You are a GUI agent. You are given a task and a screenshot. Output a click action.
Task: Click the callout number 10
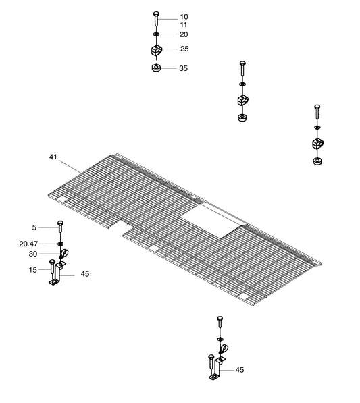pos(184,17)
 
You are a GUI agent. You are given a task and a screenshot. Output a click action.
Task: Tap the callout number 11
pos(184,25)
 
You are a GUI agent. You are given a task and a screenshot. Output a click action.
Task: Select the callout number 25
pos(184,49)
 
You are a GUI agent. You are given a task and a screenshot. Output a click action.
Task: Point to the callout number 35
pos(183,68)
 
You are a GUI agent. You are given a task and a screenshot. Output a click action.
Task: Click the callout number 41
pos(53,157)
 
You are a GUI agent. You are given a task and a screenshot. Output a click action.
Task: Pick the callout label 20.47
pos(28,244)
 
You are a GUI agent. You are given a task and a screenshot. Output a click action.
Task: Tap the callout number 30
pos(33,254)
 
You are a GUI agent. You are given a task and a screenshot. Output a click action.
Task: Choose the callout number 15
pos(33,270)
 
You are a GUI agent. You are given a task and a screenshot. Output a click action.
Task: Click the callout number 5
pos(34,227)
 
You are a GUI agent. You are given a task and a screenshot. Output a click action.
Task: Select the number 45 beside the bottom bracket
pos(239,370)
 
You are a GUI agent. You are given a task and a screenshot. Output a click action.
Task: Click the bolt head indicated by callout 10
pos(156,14)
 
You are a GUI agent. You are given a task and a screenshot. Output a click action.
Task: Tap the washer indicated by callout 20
pos(156,34)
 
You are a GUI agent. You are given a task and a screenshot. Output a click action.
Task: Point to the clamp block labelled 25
pos(157,50)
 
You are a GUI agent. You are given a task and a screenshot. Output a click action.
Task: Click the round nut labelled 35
pos(156,68)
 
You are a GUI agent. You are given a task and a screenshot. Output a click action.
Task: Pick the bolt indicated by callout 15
pos(52,269)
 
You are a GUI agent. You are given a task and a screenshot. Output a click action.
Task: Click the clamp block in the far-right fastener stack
pos(318,144)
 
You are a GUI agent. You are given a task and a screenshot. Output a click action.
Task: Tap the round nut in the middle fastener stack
pos(242,117)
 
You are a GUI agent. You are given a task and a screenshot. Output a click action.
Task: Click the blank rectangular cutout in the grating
pos(214,221)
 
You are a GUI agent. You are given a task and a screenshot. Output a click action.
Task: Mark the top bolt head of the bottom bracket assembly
pos(220,319)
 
